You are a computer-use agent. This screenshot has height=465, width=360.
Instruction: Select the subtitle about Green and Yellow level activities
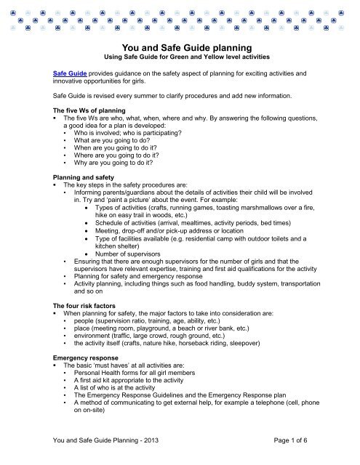[180, 58]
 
